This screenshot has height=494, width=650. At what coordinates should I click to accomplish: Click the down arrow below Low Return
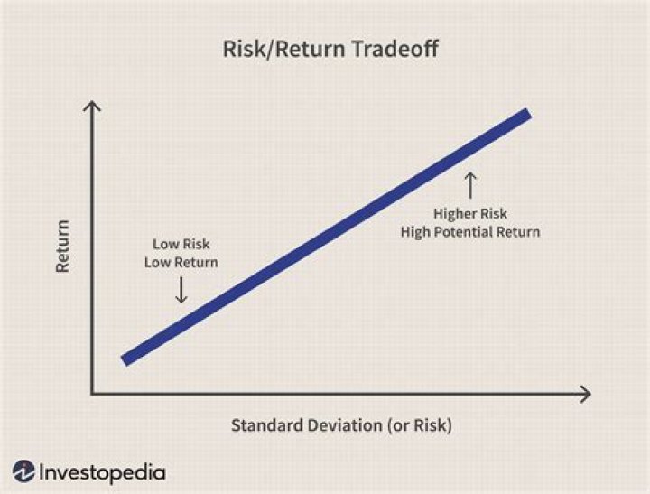pos(181,289)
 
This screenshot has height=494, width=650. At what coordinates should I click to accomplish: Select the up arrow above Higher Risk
pos(469,185)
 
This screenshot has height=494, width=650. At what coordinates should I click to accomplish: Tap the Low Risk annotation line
pos(181,245)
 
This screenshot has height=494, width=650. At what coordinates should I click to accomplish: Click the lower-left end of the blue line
pos(126,359)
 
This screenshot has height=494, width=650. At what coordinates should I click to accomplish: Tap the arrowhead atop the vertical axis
pos(92,108)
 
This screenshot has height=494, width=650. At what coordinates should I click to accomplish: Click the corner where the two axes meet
pos(92,394)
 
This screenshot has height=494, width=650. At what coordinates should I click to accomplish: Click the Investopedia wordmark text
pos(102,471)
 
